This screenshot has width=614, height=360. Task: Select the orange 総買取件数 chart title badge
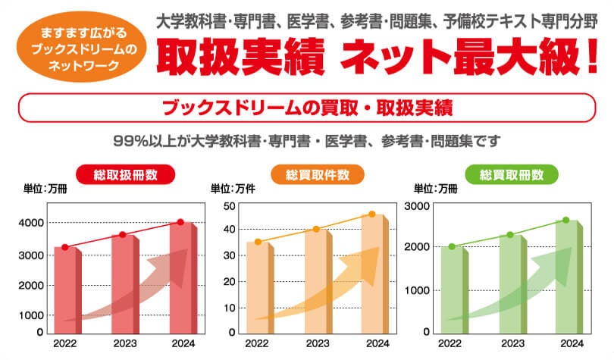(318, 174)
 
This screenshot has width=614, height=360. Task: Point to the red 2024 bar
(181, 277)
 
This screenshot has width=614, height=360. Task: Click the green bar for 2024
(565, 277)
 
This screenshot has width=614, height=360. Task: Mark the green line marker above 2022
(452, 246)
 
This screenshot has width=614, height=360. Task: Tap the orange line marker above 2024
(372, 214)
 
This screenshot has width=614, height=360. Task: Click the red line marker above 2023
(123, 234)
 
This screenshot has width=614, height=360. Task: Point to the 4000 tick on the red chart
(31, 223)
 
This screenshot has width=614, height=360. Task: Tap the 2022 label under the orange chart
(258, 343)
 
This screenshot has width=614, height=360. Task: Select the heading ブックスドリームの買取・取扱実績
(307, 107)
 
